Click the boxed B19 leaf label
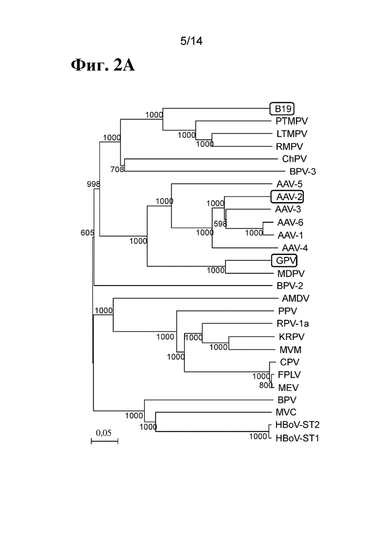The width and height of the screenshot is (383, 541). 282,109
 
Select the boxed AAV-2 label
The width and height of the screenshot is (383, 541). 287,197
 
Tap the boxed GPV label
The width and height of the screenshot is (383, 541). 284,260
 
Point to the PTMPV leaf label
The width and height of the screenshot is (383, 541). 292,121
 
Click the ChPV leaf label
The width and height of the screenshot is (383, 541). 294,159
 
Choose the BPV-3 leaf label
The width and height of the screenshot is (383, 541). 302,172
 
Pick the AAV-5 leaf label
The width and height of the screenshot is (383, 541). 289,184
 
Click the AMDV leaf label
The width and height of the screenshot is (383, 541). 296,298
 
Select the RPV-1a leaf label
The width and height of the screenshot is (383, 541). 293,324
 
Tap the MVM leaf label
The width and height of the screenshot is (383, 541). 291,350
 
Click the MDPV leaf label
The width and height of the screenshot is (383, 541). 291,274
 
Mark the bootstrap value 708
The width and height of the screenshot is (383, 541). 117,169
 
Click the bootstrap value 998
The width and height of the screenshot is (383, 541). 93,184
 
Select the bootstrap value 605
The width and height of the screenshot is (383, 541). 87,233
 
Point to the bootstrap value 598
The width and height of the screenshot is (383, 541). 220,224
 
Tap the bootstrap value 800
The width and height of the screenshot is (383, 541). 266,385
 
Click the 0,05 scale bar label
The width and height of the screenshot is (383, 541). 104,433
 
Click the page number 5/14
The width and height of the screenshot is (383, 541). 191,41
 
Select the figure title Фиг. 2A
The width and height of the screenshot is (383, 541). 103,65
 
